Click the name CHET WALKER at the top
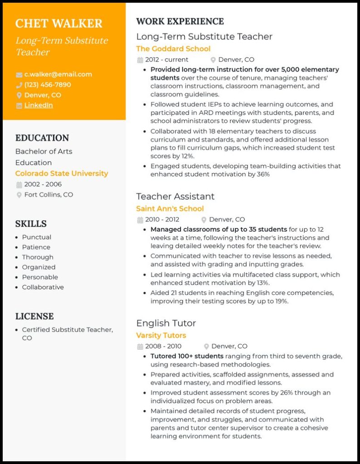[x=59, y=24]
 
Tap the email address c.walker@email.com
[x=58, y=74]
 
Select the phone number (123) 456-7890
[x=48, y=85]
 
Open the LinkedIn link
[x=39, y=105]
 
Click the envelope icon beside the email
[x=19, y=75]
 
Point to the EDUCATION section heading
[x=42, y=138]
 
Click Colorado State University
[x=62, y=174]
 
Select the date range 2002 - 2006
[x=43, y=184]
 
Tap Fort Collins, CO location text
[x=49, y=195]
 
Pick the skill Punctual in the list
[x=37, y=237]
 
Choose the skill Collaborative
[x=43, y=287]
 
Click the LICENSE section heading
[x=34, y=316]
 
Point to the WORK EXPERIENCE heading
[x=180, y=21]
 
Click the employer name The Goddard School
[x=173, y=48]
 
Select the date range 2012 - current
[x=166, y=60]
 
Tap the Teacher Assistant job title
[x=175, y=196]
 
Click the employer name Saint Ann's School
[x=170, y=208]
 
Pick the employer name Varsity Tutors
[x=161, y=335]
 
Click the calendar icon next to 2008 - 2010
[x=140, y=347]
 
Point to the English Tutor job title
[x=166, y=323]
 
